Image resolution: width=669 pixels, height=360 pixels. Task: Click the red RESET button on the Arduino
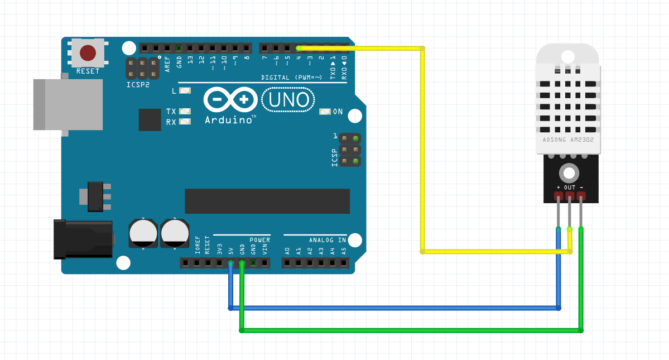tap(88, 53)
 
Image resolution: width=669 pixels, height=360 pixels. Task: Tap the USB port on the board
tap(68, 104)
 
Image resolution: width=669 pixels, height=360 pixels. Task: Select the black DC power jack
tap(83, 239)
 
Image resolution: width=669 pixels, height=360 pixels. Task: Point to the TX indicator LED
tap(185, 112)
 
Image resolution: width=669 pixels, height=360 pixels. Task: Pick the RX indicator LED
tap(185, 122)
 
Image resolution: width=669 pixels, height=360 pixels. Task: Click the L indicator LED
tap(185, 90)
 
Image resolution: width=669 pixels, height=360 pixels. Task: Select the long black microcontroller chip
tap(267, 201)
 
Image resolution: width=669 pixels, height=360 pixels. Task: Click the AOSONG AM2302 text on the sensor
tap(567, 140)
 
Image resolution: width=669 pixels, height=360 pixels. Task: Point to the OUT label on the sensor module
tap(570, 187)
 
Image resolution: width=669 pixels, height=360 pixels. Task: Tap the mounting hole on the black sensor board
tap(569, 172)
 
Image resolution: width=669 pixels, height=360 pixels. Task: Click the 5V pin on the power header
tap(230, 262)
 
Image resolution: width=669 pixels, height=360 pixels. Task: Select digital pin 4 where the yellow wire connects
tap(299, 48)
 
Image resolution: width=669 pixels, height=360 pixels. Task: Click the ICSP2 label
tap(138, 85)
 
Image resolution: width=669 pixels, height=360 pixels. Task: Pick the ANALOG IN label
tap(328, 240)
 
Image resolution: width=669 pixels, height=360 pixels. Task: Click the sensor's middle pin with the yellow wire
tap(570, 196)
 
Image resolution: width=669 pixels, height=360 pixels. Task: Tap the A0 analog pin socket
tap(287, 262)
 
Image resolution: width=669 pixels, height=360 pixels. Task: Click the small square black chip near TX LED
tap(150, 119)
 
